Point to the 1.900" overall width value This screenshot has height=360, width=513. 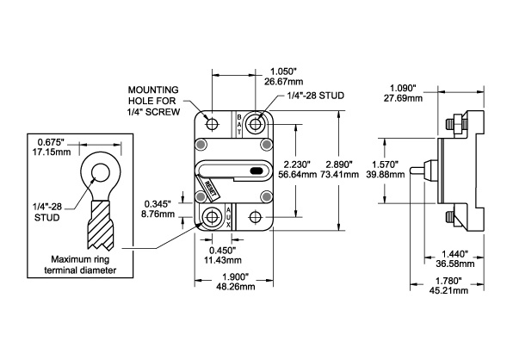(234, 275)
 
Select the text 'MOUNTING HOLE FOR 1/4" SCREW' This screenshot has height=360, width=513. (153, 99)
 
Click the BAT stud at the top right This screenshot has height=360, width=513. (256, 123)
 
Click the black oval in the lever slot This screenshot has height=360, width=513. (256, 171)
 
